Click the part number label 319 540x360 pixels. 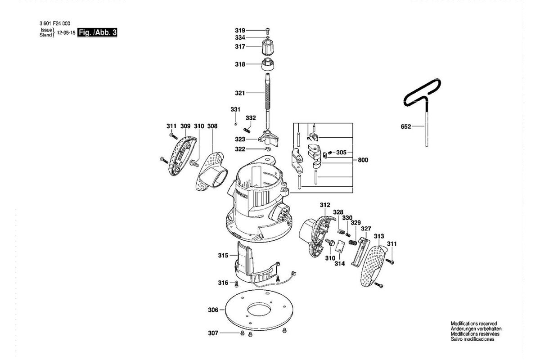(x=240, y=31)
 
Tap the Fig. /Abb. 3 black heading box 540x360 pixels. (x=97, y=32)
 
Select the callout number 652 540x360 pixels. (x=406, y=126)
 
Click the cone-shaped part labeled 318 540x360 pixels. (x=268, y=64)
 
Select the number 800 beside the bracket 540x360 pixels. (x=363, y=160)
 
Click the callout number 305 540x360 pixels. (x=341, y=153)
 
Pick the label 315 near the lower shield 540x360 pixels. (x=223, y=255)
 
